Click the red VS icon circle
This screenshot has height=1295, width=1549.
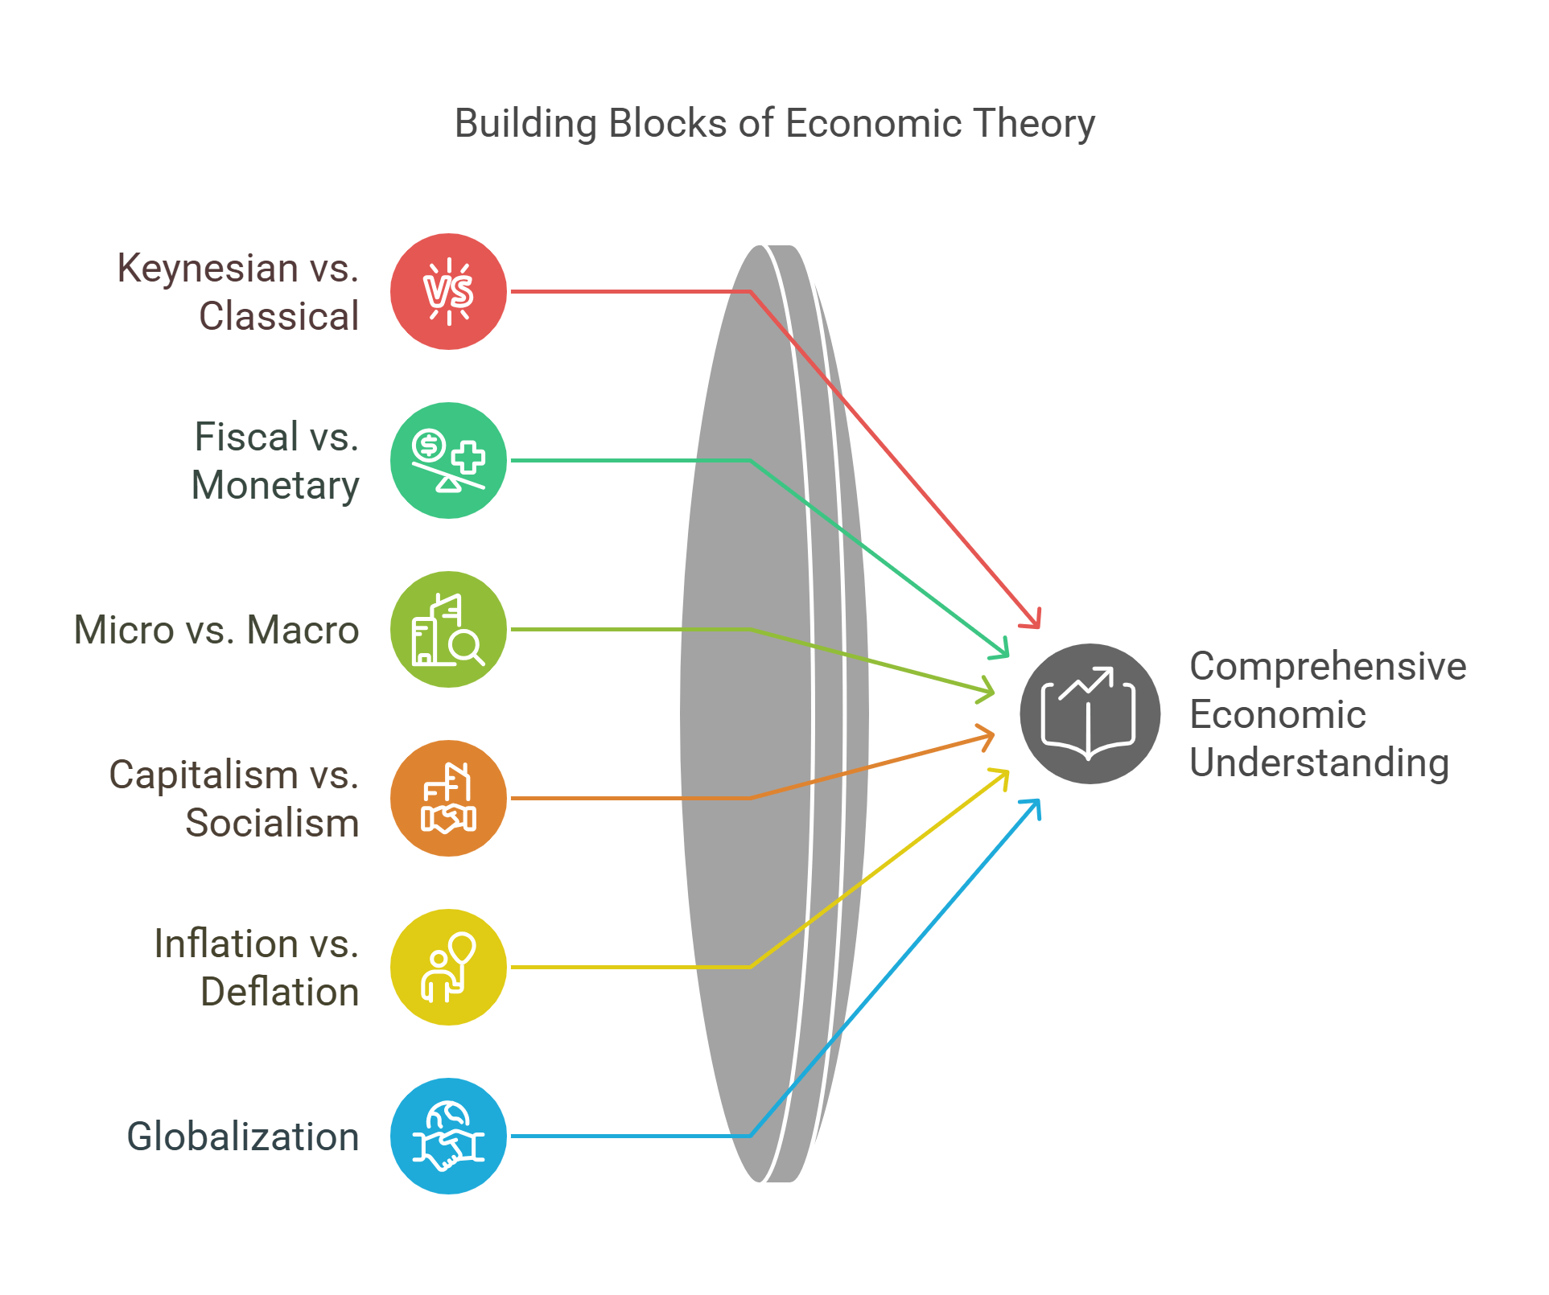pyautogui.click(x=448, y=291)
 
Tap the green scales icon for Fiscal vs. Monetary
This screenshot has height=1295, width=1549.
pyautogui.click(x=448, y=460)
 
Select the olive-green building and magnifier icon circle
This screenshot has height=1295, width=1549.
pyautogui.click(x=448, y=629)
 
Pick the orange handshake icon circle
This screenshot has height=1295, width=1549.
pyautogui.click(x=448, y=798)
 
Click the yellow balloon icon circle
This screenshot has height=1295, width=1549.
pyautogui.click(x=448, y=967)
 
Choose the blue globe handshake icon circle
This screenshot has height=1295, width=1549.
pyautogui.click(x=448, y=1136)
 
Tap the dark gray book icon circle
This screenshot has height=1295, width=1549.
pyautogui.click(x=1090, y=713)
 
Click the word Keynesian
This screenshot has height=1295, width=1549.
pyautogui.click(x=208, y=269)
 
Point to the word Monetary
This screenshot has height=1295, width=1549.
pyautogui.click(x=275, y=486)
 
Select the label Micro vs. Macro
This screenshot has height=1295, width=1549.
pyautogui.click(x=216, y=630)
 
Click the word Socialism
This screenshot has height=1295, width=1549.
pyautogui.click(x=272, y=824)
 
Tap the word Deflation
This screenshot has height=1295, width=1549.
pyautogui.click(x=279, y=993)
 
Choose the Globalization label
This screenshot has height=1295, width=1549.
pyautogui.click(x=242, y=1137)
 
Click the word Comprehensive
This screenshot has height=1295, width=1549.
pyautogui.click(x=1328, y=667)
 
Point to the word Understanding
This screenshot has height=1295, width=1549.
pyautogui.click(x=1319, y=763)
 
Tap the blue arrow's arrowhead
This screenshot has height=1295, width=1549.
pyautogui.click(x=1035, y=805)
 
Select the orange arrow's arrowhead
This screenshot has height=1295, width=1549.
pyautogui.click(x=988, y=735)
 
